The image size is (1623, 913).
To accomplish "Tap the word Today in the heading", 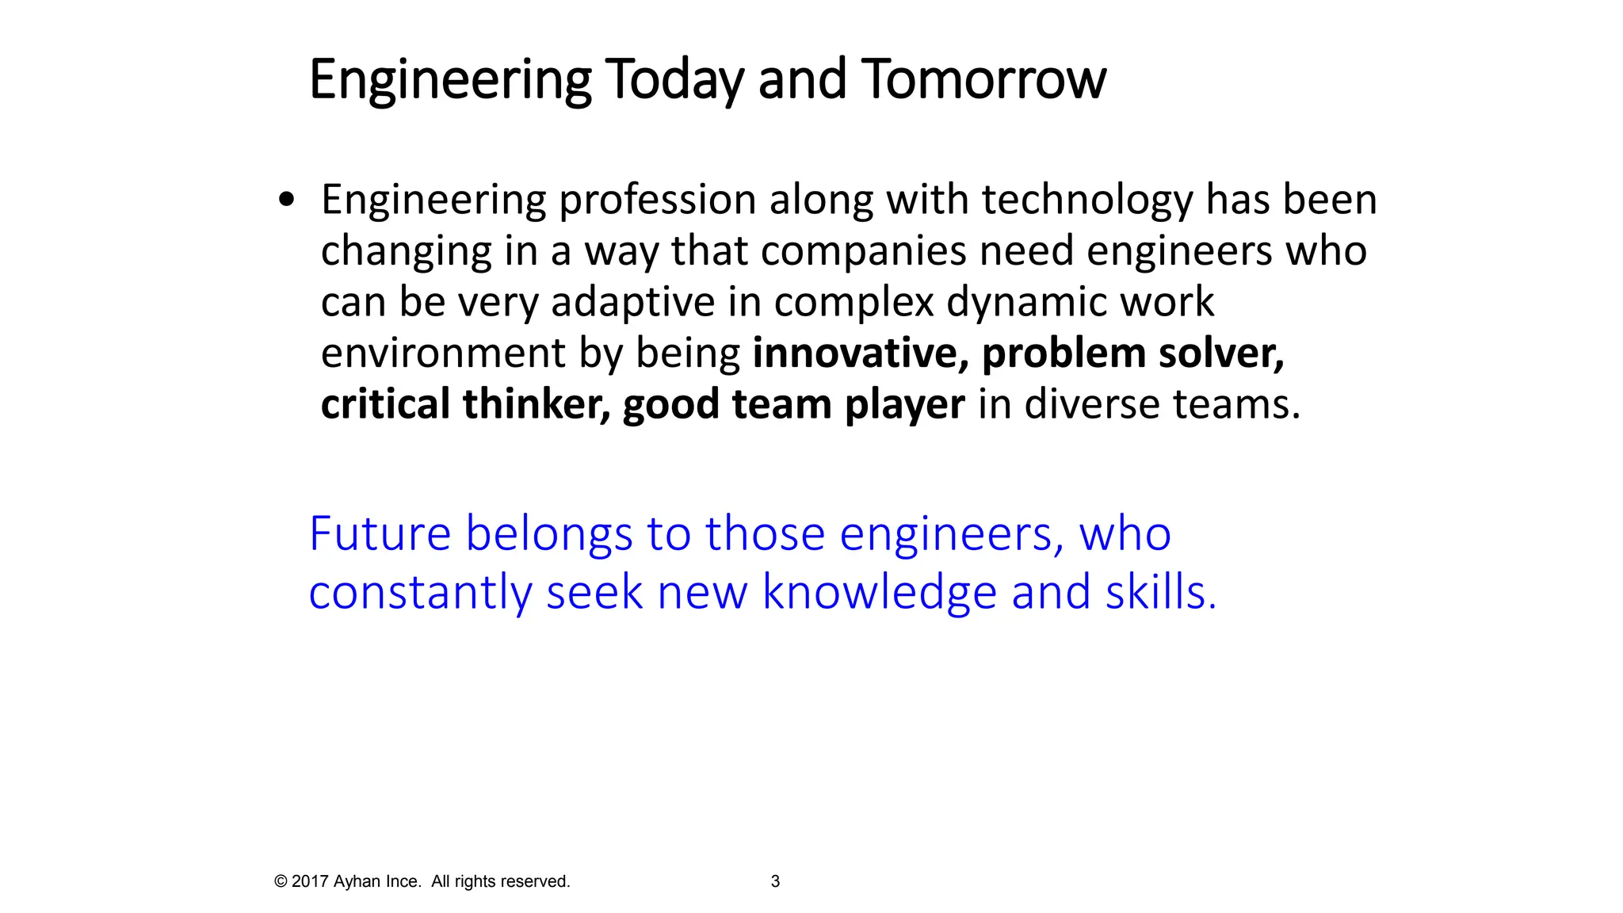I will point(674,79).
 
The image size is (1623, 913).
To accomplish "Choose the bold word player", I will point(904,404).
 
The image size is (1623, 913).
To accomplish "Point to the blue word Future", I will point(380,533).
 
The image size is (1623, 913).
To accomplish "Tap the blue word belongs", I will point(548,533).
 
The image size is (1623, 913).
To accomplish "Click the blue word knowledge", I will point(879,593).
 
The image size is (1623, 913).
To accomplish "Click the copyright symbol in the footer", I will point(281,881).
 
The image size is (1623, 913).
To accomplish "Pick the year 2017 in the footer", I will point(310,881).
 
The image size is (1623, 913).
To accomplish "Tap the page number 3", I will point(775,881).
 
